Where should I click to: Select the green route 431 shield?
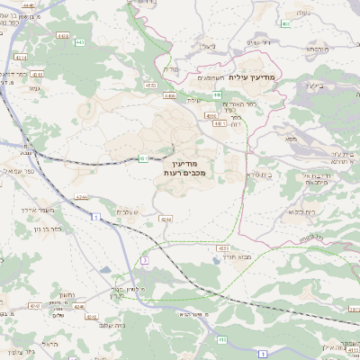[x=143, y=159]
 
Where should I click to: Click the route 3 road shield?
[x=143, y=260]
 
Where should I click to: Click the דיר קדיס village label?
[x=256, y=42]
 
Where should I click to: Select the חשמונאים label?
[x=214, y=78]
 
